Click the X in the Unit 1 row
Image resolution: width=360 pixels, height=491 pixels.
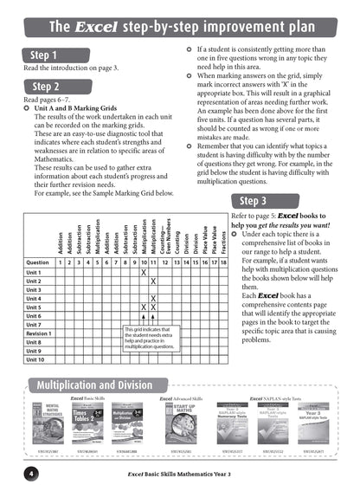pos(143,272)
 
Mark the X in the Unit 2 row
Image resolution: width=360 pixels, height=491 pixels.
pos(153,281)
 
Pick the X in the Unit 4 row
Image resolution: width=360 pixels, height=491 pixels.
pos(153,299)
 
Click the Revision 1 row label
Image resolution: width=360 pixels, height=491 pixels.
pos(39,333)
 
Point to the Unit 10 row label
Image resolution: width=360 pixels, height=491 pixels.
pos(35,359)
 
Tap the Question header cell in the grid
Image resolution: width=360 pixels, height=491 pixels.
pos(38,262)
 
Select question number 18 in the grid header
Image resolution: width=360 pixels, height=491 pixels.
pos(223,262)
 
